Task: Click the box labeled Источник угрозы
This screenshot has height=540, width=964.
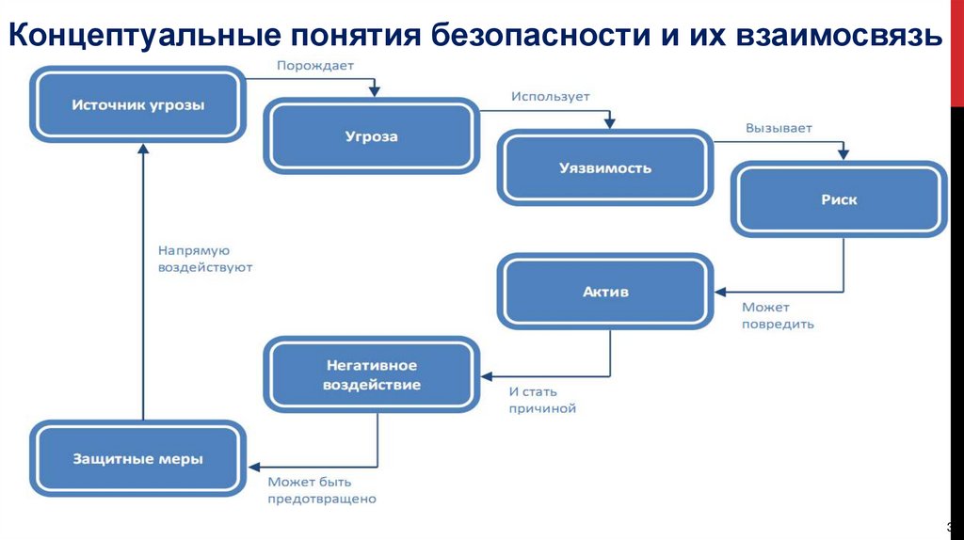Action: click(137, 104)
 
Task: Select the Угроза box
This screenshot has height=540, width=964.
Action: click(371, 137)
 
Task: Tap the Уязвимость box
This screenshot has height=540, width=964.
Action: click(605, 168)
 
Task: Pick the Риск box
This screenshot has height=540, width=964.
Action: click(839, 199)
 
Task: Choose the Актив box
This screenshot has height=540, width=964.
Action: click(605, 292)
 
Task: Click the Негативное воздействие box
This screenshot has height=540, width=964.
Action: click(372, 374)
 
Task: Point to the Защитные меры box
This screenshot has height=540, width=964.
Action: click(137, 459)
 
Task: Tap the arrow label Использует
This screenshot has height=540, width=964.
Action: click(551, 96)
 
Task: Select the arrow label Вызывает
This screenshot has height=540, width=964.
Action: click(779, 127)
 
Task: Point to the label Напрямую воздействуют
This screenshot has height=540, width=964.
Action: click(205, 259)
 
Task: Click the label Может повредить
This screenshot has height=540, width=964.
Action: click(778, 316)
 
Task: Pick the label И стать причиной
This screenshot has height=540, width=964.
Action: click(542, 400)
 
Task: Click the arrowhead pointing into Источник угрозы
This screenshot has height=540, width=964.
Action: click(142, 149)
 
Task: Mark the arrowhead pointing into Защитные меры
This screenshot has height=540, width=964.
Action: click(254, 465)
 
